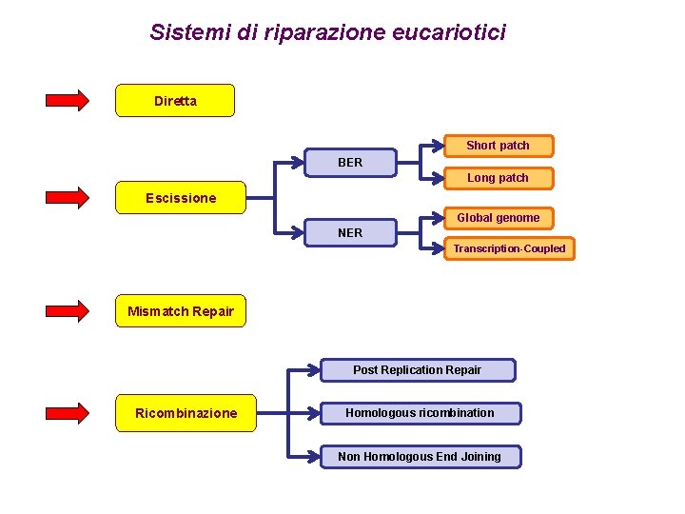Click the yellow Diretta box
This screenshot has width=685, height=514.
coord(175,101)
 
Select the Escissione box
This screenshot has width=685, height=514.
coord(181,198)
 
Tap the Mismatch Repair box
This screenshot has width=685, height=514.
coord(181,311)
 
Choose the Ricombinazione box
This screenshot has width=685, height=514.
coord(186,413)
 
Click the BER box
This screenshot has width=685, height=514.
coord(350,163)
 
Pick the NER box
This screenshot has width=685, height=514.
coord(350,232)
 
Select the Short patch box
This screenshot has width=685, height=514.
coord(498,146)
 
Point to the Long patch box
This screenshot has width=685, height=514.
coord(498,178)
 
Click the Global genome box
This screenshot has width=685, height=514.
coord(498,218)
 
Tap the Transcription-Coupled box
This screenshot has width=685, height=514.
coord(509,248)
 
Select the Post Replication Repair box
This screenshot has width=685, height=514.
coord(418,370)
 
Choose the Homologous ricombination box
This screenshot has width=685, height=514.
coord(420,413)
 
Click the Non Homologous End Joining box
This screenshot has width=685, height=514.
coord(420,457)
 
